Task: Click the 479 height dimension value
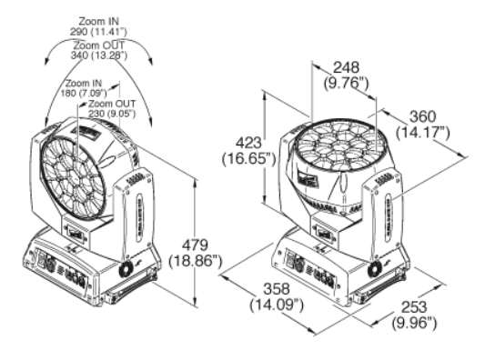196,245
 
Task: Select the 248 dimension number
347,67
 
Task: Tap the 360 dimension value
423,116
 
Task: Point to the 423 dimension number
249,143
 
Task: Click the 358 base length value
277,289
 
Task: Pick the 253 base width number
414,307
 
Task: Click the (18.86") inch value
196,262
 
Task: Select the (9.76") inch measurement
347,84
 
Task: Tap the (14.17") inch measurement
423,133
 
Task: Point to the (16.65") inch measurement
249,159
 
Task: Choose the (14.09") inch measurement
277,305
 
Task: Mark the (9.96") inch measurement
414,323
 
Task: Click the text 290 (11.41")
98,32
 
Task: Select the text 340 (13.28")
99,55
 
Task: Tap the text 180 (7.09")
84,93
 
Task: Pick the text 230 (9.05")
112,114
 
